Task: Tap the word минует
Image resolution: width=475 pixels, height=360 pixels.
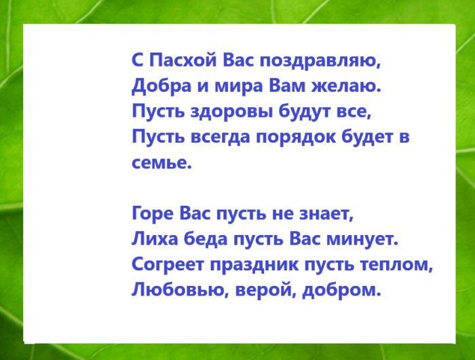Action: click(363, 239)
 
